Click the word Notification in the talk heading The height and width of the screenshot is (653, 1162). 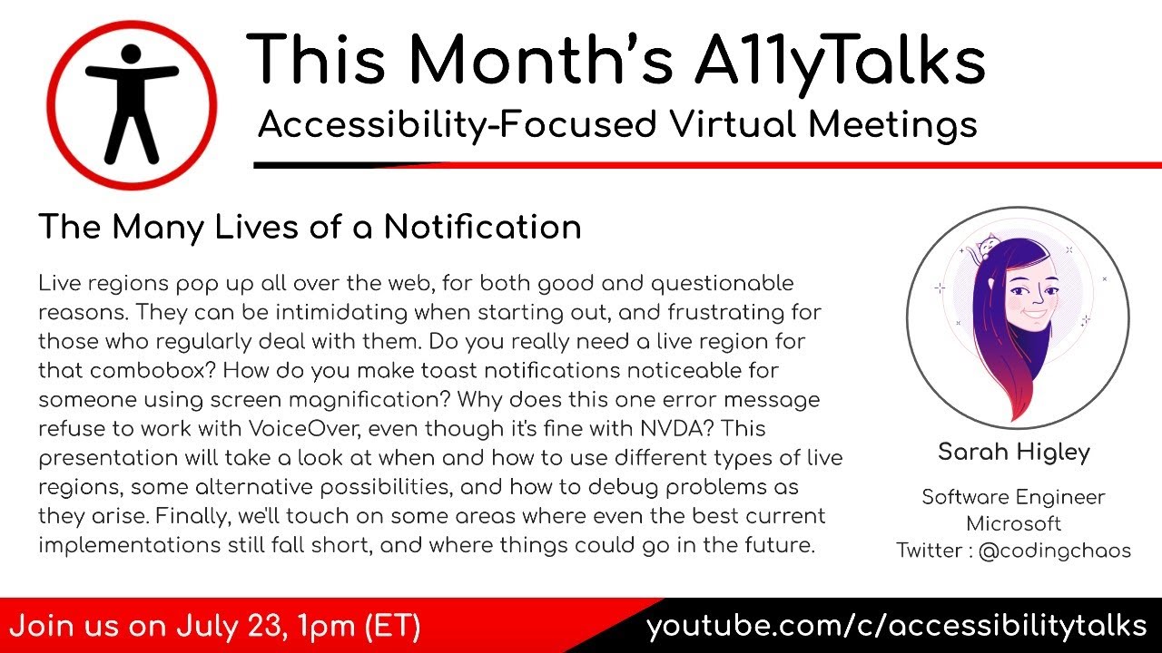(x=482, y=227)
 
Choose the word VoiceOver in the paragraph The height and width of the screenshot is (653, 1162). (x=326, y=428)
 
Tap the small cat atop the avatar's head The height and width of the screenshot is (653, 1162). (x=984, y=247)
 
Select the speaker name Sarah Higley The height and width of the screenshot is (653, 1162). (x=1013, y=453)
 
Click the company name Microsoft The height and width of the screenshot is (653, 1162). (x=1013, y=523)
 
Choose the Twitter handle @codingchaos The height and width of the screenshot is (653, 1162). (x=1054, y=551)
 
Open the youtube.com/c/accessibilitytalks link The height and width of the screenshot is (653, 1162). (x=897, y=627)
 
